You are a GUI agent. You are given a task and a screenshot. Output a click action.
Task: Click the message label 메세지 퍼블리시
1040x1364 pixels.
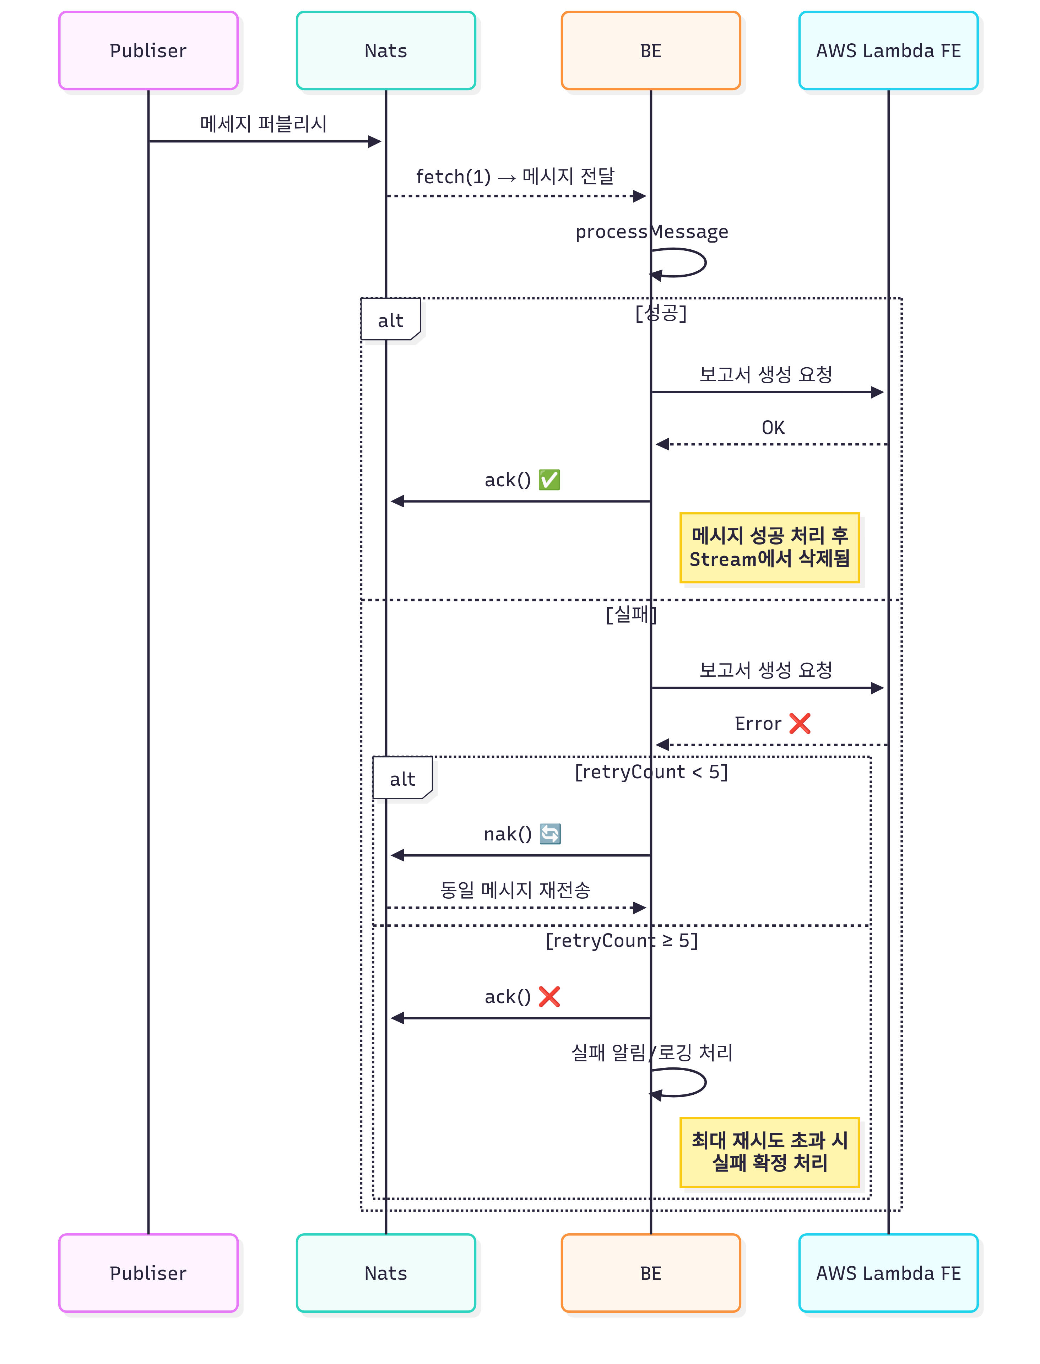[x=263, y=124]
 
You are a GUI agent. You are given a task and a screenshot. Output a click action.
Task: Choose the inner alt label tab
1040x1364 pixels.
[x=402, y=778]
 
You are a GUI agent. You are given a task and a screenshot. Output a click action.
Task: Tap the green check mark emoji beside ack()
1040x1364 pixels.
[x=549, y=480]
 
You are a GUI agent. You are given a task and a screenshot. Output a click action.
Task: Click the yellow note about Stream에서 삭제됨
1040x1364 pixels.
[x=769, y=547]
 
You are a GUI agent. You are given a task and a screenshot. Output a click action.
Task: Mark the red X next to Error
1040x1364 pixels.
[x=800, y=723]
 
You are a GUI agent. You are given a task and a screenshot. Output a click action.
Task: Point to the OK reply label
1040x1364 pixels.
[x=773, y=427]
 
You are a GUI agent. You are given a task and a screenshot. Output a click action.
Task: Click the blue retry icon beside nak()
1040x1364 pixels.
[x=550, y=834]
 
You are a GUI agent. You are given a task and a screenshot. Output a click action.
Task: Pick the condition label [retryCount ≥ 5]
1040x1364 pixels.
[x=622, y=941]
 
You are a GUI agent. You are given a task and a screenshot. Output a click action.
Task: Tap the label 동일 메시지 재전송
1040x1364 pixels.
[x=515, y=890]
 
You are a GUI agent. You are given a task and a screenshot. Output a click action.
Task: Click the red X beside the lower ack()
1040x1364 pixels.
[x=549, y=996]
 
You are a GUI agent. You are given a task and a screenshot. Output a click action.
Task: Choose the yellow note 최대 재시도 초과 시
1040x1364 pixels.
[x=769, y=1152]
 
